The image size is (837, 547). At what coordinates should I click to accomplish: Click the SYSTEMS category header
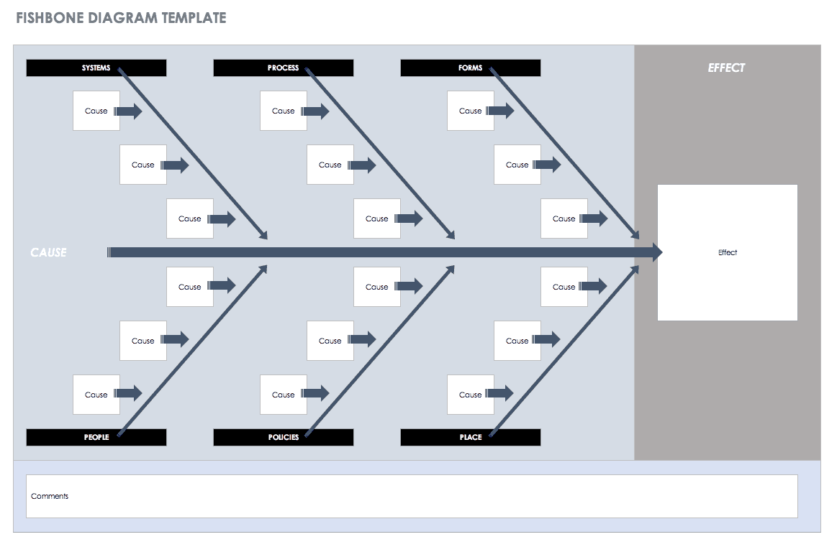tap(96, 68)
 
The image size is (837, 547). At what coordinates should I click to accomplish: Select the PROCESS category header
tap(283, 68)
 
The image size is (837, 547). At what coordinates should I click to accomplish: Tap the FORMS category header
tap(470, 68)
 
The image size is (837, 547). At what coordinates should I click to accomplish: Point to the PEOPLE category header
tap(96, 437)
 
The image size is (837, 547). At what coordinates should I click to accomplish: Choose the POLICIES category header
tap(283, 437)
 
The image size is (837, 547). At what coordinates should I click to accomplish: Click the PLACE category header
tap(470, 437)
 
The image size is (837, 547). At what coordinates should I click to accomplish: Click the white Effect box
tap(727, 252)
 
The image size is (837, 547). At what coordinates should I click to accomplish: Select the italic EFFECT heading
tap(726, 68)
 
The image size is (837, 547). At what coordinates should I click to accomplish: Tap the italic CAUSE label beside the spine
tap(48, 252)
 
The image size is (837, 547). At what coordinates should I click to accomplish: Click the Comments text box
tap(412, 496)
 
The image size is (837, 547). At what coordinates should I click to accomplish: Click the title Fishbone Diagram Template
tap(121, 18)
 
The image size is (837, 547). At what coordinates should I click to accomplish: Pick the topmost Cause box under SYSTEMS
tap(96, 111)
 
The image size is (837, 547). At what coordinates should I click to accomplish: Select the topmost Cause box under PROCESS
tap(283, 111)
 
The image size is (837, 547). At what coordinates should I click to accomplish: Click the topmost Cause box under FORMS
tap(470, 111)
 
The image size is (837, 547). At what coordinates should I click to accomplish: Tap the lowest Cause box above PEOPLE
tap(96, 395)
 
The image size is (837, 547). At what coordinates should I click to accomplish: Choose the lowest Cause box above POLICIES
tap(283, 395)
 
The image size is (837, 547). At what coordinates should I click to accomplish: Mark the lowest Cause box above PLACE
tap(470, 395)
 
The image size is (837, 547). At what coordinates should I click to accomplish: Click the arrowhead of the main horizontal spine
tap(656, 252)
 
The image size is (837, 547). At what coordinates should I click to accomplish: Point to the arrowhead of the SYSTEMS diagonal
tap(263, 235)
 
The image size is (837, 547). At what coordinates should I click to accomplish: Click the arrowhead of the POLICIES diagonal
tap(451, 269)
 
